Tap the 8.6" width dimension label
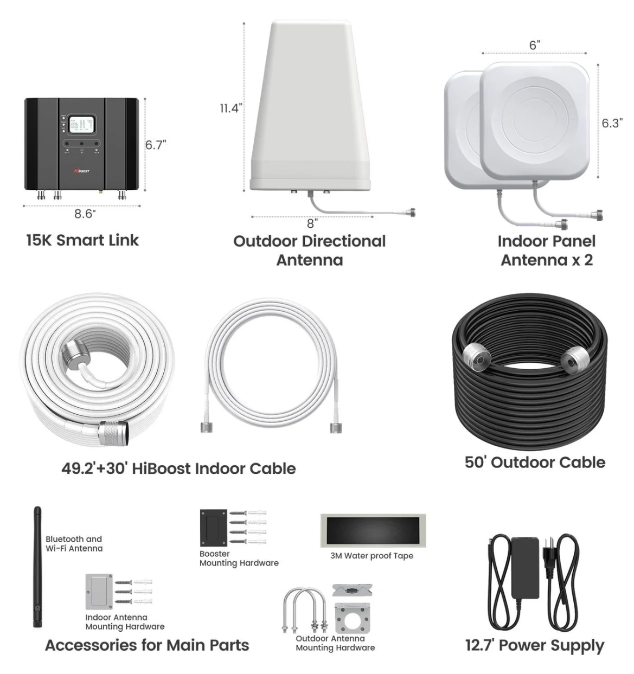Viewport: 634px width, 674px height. [x=84, y=214]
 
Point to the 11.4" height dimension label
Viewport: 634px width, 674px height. [x=230, y=108]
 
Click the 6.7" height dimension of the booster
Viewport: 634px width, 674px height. [x=155, y=145]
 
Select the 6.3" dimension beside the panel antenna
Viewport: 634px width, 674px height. [x=611, y=123]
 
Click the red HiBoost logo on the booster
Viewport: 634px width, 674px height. [x=81, y=171]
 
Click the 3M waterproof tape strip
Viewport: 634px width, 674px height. [x=373, y=530]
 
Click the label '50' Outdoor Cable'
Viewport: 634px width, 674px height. [x=535, y=462]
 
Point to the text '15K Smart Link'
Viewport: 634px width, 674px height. [x=82, y=240]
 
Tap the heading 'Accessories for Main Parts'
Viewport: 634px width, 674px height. [x=147, y=645]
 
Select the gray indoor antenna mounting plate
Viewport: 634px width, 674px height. [x=98, y=591]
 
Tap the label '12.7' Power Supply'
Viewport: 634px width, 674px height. [x=534, y=645]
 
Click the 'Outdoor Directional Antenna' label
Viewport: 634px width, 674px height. [x=309, y=250]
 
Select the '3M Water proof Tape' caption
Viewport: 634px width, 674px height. [x=372, y=556]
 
